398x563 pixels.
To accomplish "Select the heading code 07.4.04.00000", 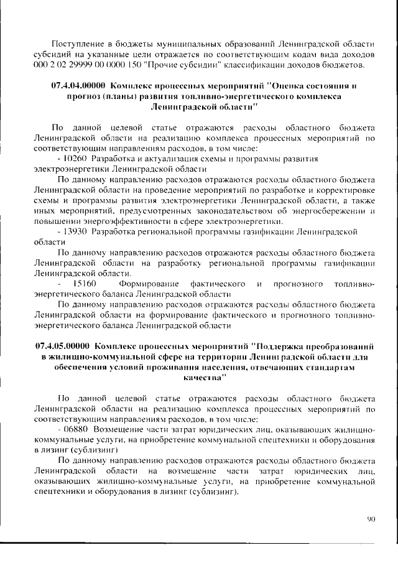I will (73, 86).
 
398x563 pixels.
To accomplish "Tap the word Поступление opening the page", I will (80, 44).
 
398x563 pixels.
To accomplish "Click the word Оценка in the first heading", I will (291, 86).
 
